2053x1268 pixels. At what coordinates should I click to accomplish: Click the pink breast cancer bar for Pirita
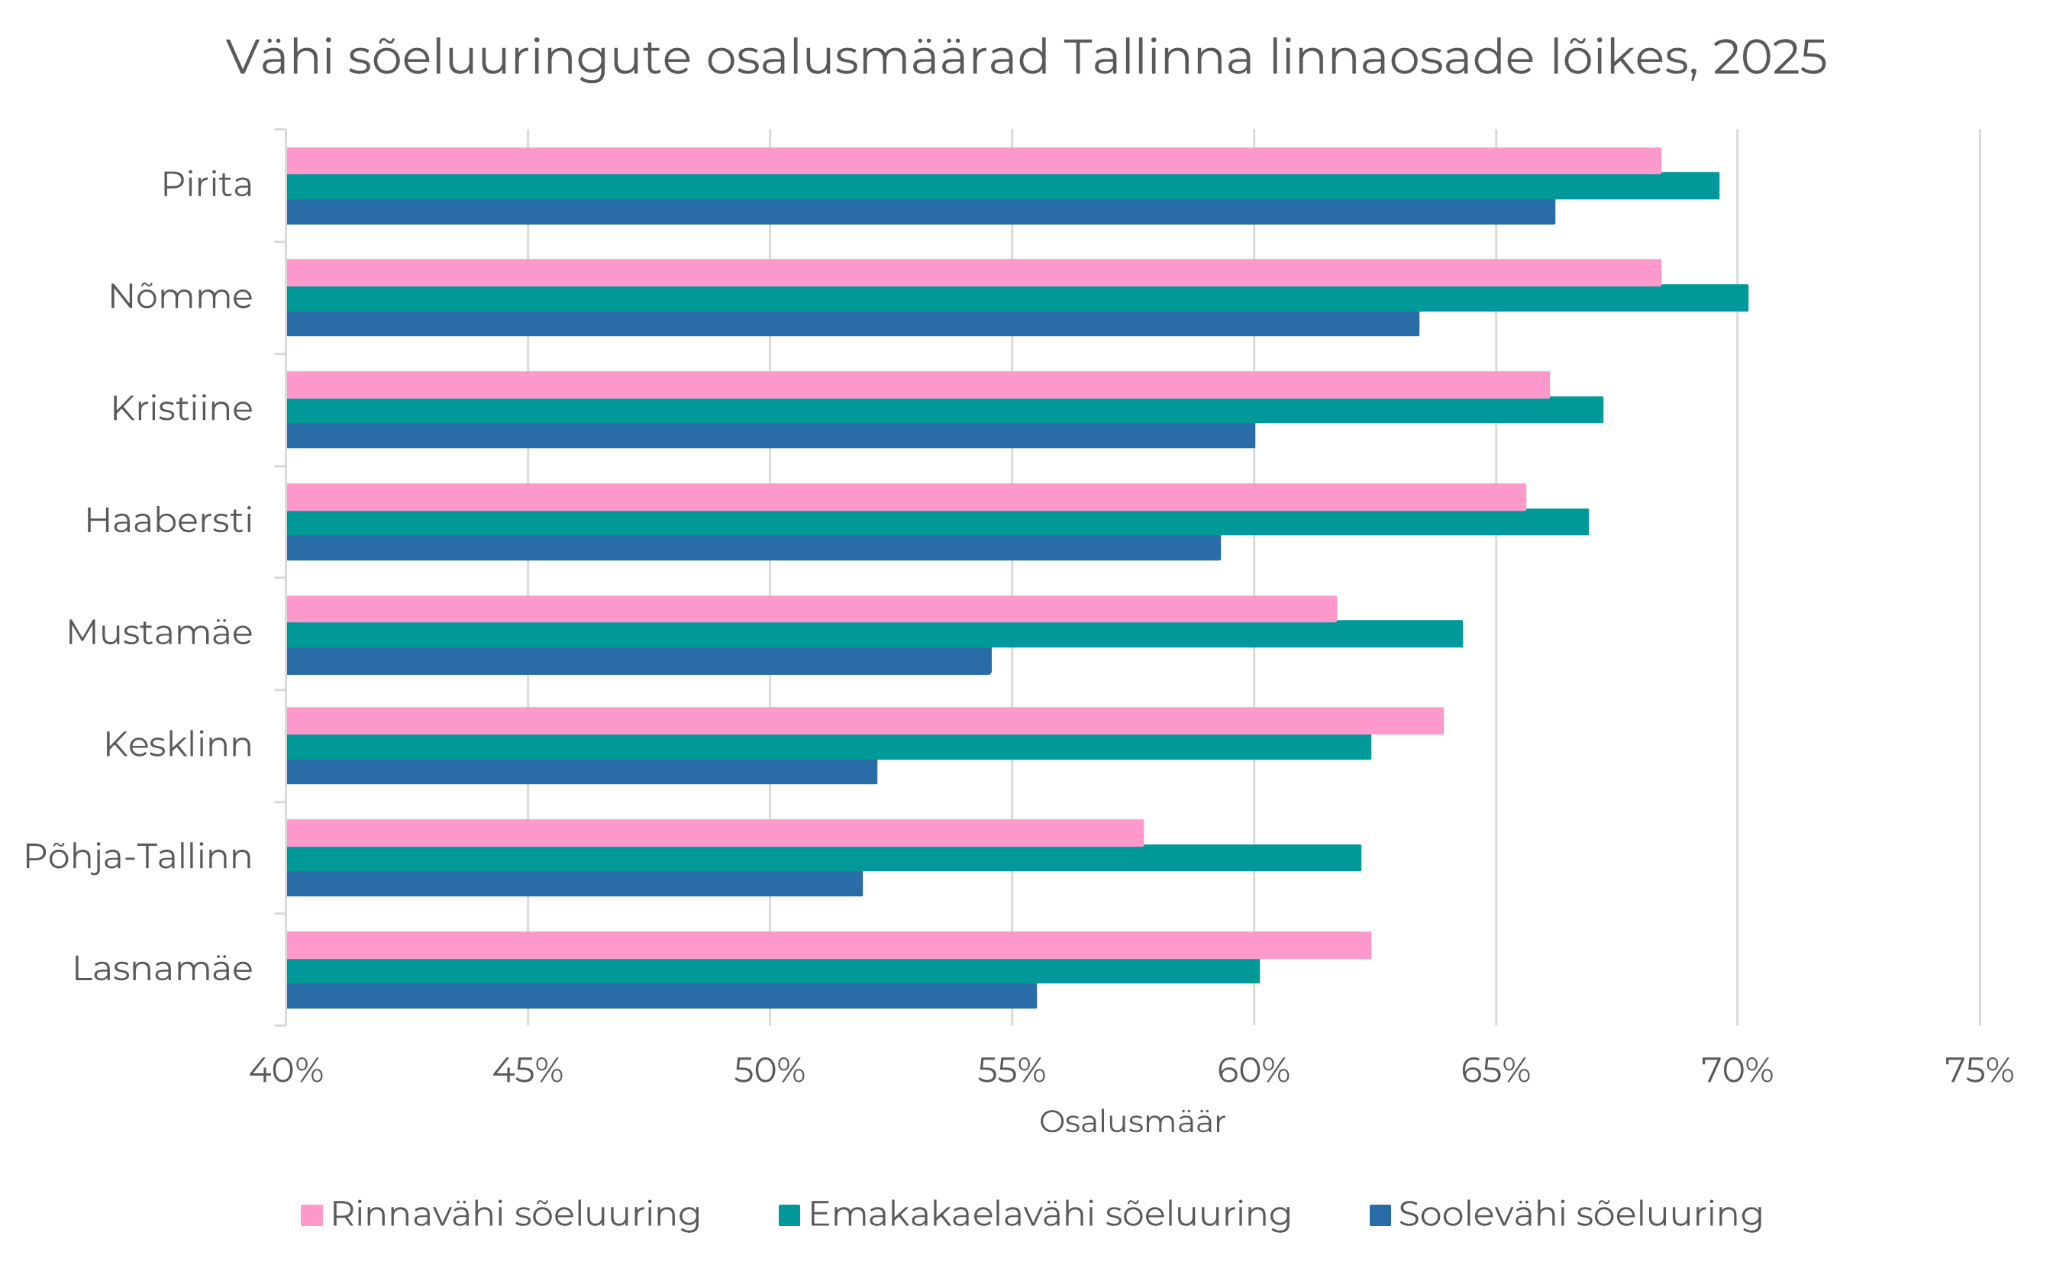coord(973,161)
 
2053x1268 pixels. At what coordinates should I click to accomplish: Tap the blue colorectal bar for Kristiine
coord(770,436)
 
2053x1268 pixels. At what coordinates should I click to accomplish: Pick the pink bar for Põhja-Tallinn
coord(715,833)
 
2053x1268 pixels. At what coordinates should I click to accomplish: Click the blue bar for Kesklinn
coord(581,772)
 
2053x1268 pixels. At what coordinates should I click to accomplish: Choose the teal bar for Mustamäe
coord(874,635)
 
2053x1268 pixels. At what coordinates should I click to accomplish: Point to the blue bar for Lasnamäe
coord(661,996)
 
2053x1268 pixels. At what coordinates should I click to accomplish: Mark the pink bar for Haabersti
coord(905,496)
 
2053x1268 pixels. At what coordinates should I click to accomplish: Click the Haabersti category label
coord(169,521)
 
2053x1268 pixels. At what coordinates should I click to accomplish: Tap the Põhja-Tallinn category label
coord(138,857)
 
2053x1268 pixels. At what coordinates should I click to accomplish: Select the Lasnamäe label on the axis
coord(163,969)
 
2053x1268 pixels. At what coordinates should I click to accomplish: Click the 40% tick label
coord(286,1071)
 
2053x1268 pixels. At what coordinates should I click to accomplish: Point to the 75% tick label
coord(1978,1071)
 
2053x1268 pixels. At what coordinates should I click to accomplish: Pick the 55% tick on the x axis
coord(1012,1071)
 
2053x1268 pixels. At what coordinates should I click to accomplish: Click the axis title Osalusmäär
coord(1131,1122)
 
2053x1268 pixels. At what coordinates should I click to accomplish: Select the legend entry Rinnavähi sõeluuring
coord(515,1215)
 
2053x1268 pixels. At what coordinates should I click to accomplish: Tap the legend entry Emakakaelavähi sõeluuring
coord(1049,1215)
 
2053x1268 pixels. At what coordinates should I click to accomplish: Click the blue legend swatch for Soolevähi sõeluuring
coord(1380,1215)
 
